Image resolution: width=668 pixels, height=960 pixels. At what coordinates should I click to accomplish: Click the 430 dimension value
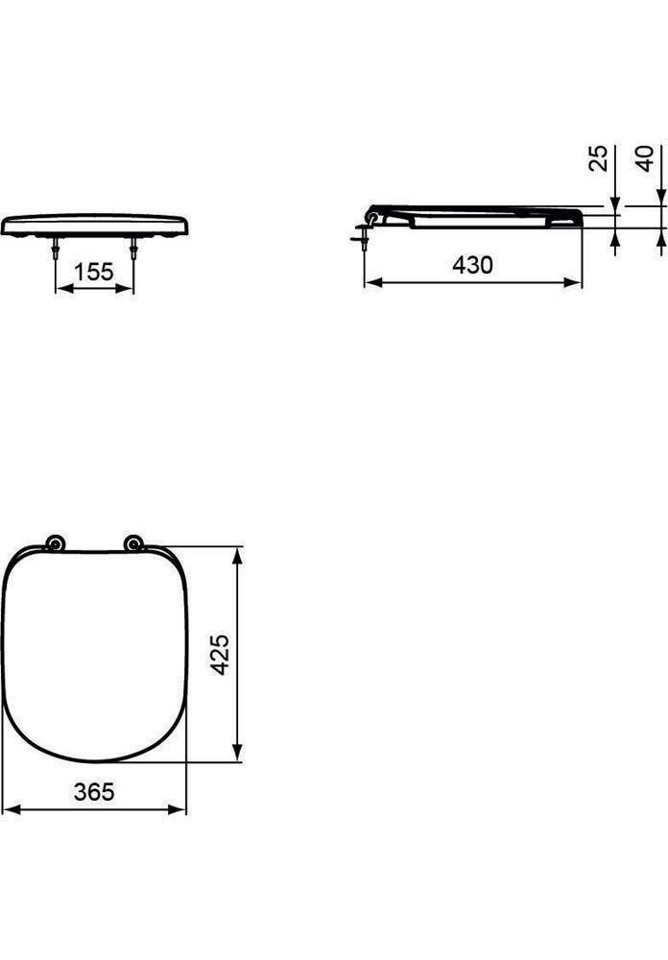coord(472,265)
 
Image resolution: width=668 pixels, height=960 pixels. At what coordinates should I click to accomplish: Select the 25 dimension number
coord(598,157)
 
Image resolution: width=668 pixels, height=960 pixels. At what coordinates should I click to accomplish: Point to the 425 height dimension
coord(220,654)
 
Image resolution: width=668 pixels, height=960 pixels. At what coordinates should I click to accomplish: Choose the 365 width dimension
coord(94,792)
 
